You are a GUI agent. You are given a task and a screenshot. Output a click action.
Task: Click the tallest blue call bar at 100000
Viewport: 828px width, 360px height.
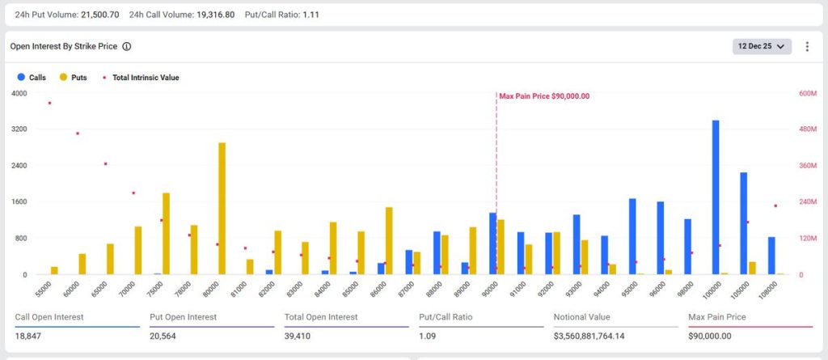tap(715, 197)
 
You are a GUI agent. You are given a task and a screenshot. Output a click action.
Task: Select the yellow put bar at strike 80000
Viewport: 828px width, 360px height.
tap(222, 209)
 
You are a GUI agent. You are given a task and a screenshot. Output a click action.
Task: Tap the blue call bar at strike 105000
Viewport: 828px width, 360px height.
tap(743, 223)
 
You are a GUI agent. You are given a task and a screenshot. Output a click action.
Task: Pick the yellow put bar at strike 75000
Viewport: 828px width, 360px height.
tap(166, 234)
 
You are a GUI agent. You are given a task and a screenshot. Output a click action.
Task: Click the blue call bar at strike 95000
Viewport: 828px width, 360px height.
tap(632, 236)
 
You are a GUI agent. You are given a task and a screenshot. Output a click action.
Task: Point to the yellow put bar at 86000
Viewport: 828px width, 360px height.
tap(389, 241)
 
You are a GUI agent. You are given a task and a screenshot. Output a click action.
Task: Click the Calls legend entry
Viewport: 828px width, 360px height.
tap(32, 78)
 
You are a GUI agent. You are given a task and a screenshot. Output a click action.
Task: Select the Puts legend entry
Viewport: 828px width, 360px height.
tap(73, 78)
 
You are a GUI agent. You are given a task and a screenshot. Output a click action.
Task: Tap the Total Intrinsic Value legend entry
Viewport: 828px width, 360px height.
tap(141, 78)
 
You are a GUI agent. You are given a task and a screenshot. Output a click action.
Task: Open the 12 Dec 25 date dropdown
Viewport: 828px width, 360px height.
tap(762, 47)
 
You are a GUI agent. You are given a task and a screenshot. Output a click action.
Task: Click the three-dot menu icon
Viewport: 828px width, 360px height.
tap(806, 47)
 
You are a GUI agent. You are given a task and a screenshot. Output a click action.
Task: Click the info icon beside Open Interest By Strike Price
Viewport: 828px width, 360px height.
tap(127, 47)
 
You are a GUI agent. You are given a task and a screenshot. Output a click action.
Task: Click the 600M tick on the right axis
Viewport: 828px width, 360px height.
tap(808, 93)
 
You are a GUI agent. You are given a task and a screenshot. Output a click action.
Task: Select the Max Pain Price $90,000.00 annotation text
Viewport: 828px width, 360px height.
tap(544, 96)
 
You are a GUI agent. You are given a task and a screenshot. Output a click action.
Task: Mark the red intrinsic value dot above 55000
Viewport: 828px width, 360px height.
tap(49, 103)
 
